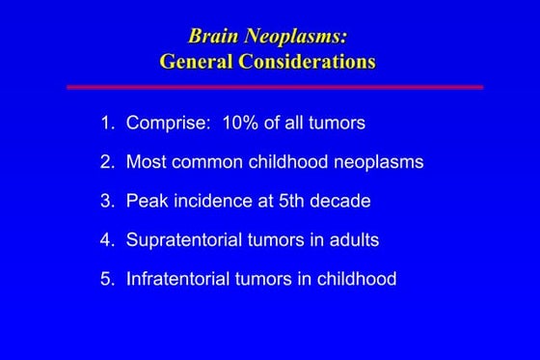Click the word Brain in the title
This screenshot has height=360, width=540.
213,37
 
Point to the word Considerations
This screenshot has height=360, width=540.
306,62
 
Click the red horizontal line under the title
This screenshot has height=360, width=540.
274,87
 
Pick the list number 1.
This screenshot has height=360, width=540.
105,124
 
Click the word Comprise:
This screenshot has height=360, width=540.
168,124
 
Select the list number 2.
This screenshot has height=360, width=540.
105,162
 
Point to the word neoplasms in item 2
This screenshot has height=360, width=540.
376,162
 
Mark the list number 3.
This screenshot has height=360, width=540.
105,201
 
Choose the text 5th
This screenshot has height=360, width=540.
284,201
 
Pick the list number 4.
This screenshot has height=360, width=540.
105,240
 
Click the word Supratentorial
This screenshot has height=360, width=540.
182,240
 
